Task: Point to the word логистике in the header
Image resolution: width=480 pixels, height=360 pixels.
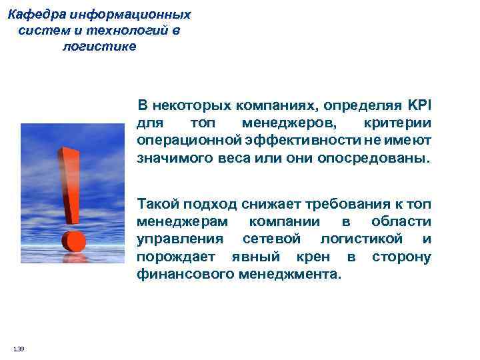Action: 99,47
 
